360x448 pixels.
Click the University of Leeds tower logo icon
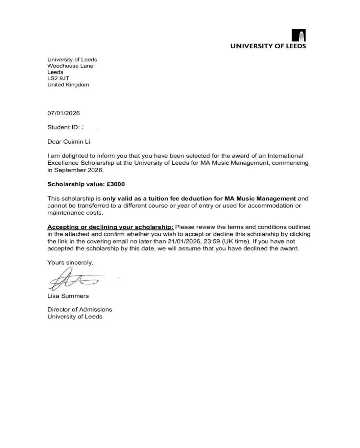pyautogui.click(x=298, y=35)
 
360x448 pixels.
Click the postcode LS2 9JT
pyautogui.click(x=58, y=78)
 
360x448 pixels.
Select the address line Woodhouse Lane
pyautogui.click(x=70, y=66)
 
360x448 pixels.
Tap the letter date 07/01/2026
pyautogui.click(x=63, y=113)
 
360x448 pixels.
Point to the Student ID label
pyautogui.click(x=63, y=127)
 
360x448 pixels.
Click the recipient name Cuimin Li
pyautogui.click(x=77, y=141)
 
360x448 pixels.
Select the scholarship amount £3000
pyautogui.click(x=116, y=184)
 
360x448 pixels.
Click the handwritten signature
pyautogui.click(x=73, y=279)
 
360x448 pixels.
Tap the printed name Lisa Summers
pyautogui.click(x=68, y=296)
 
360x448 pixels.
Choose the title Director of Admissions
pyautogui.click(x=80, y=309)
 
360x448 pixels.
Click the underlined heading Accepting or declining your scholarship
pyautogui.click(x=110, y=227)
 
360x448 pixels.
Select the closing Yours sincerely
pyautogui.click(x=70, y=262)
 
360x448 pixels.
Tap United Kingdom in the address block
pyautogui.click(x=68, y=85)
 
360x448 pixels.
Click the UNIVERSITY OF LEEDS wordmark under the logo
pyautogui.click(x=268, y=46)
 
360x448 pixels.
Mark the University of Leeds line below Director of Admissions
pyautogui.click(x=75, y=317)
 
